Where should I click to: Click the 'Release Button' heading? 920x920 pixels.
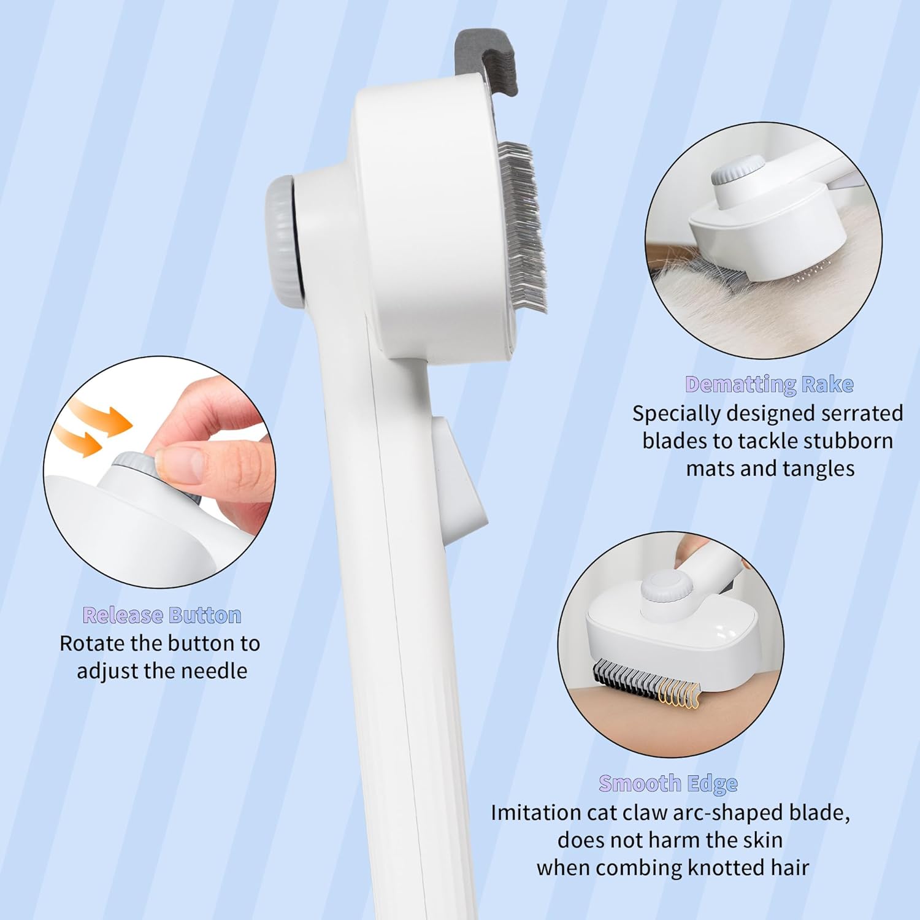click(162, 615)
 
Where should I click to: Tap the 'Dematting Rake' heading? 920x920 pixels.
click(770, 385)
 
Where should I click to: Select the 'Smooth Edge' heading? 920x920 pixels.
click(669, 784)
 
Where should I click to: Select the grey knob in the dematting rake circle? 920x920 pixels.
click(738, 171)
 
